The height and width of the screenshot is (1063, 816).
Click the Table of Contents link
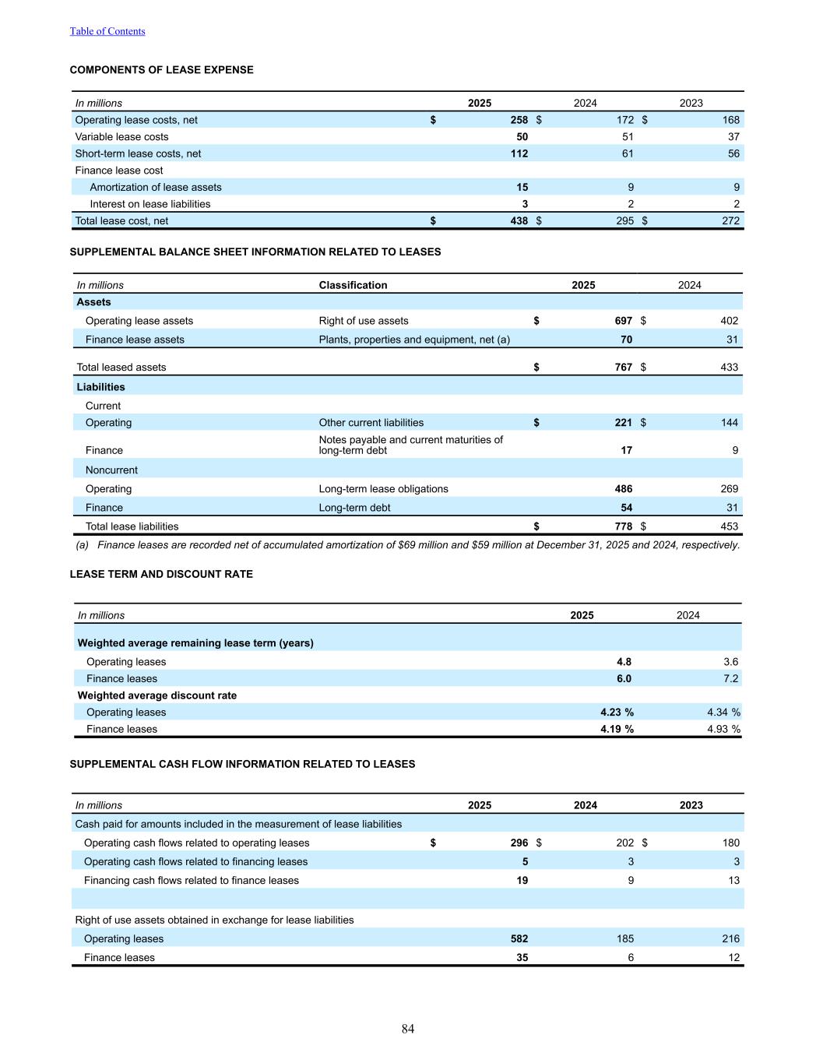(x=107, y=31)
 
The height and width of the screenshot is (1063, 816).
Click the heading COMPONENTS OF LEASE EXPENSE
(x=161, y=70)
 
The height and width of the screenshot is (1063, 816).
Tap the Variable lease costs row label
(x=121, y=137)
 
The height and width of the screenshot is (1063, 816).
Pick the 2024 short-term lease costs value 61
(x=627, y=154)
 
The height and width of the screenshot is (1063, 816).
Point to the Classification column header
(x=353, y=285)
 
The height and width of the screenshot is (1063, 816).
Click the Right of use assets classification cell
(x=364, y=321)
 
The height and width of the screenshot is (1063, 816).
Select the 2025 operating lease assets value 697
(x=623, y=321)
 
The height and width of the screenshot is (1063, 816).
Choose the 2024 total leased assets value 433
(x=729, y=368)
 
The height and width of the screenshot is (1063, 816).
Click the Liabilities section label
(x=100, y=387)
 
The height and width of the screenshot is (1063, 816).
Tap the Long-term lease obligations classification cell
(x=383, y=489)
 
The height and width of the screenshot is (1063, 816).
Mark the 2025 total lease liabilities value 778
(x=623, y=526)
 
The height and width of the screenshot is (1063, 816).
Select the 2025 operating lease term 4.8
(x=624, y=662)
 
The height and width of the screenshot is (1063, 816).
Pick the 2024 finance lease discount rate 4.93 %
(x=723, y=730)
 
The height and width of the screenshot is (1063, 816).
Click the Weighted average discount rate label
(x=157, y=695)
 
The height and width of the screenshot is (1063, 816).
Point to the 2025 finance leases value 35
(x=522, y=958)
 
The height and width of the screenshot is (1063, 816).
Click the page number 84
(x=408, y=1030)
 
